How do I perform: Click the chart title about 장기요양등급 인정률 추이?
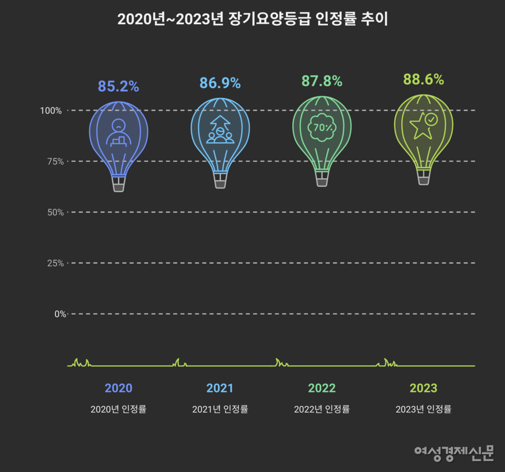tap(252, 19)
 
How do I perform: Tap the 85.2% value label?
tap(118, 86)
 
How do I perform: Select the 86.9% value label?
tap(220, 83)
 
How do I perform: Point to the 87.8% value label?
tap(321, 81)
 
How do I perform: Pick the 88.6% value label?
tap(423, 79)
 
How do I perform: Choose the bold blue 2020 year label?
tap(118, 388)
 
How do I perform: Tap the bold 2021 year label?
tap(220, 388)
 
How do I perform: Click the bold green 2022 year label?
tap(321, 388)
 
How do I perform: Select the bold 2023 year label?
tap(423, 388)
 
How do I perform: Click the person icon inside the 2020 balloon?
tap(119, 133)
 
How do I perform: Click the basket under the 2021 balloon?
tap(220, 181)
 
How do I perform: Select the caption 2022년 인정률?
tap(321, 409)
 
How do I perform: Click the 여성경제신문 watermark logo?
tap(454, 453)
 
